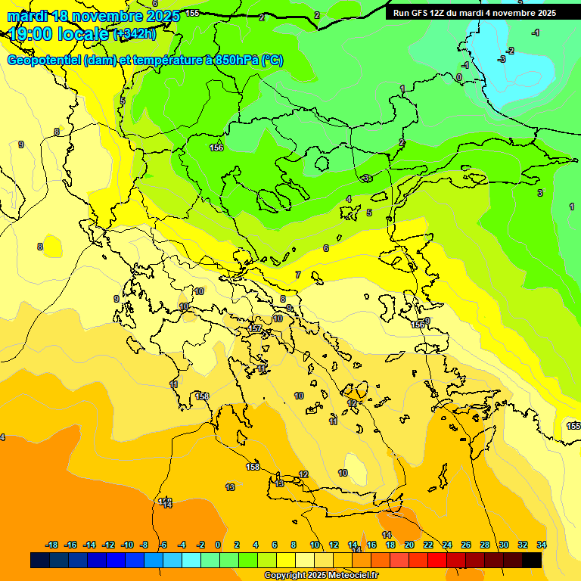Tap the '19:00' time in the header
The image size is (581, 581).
pos(31,33)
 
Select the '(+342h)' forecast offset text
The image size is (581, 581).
pos(135,34)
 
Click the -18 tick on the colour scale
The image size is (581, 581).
pos(51,545)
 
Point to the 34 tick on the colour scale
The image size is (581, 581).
pos(541,545)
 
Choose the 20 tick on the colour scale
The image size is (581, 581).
pos(409,545)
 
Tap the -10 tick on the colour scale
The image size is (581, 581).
pos(126,545)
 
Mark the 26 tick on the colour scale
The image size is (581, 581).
pos(465,545)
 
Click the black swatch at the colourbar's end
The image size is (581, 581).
pos(532,560)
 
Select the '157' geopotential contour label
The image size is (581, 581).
pos(255,329)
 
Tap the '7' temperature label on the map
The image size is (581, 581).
pos(298,275)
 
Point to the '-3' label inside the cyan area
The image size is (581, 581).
pos(501,59)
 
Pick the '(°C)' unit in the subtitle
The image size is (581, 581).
pos(272,61)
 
